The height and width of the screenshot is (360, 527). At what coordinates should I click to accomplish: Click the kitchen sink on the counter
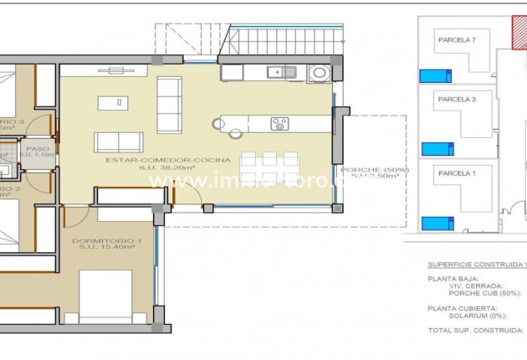coord(282,72)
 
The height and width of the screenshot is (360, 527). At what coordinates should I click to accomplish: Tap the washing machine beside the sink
coord(318,73)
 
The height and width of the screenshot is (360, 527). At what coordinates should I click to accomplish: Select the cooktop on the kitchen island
coord(279,124)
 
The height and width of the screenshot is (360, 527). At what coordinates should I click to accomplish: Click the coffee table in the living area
coord(112,103)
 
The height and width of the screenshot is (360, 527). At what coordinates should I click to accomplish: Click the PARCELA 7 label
coord(457,39)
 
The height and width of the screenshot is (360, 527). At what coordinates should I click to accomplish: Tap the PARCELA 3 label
coord(457,99)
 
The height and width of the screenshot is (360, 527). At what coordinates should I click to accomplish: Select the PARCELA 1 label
coord(457,173)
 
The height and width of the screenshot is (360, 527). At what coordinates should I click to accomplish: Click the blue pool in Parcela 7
coord(436,76)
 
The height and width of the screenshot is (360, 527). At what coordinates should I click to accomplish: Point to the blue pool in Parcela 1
coord(436,224)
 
